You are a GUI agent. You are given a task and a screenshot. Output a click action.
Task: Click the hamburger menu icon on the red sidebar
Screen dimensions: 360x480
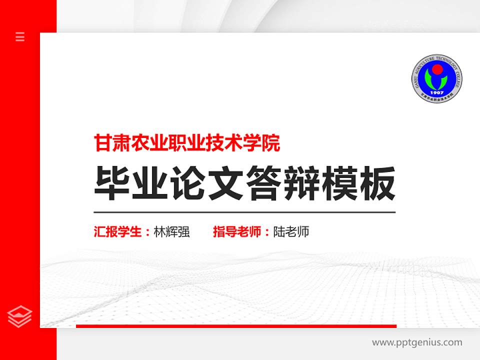[20, 36]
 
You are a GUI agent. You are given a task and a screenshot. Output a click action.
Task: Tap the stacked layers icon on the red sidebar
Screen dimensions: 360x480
[20, 316]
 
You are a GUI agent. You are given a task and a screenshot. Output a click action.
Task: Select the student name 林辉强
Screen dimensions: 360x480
[171, 232]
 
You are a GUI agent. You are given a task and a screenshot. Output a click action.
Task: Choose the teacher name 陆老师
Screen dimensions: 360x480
[291, 232]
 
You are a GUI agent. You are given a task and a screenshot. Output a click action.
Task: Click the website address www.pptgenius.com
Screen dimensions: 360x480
[417, 342]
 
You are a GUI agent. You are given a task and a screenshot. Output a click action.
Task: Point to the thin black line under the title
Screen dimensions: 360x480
[244, 212]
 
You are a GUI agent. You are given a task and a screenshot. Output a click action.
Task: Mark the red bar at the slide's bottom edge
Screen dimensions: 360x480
[236, 326]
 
